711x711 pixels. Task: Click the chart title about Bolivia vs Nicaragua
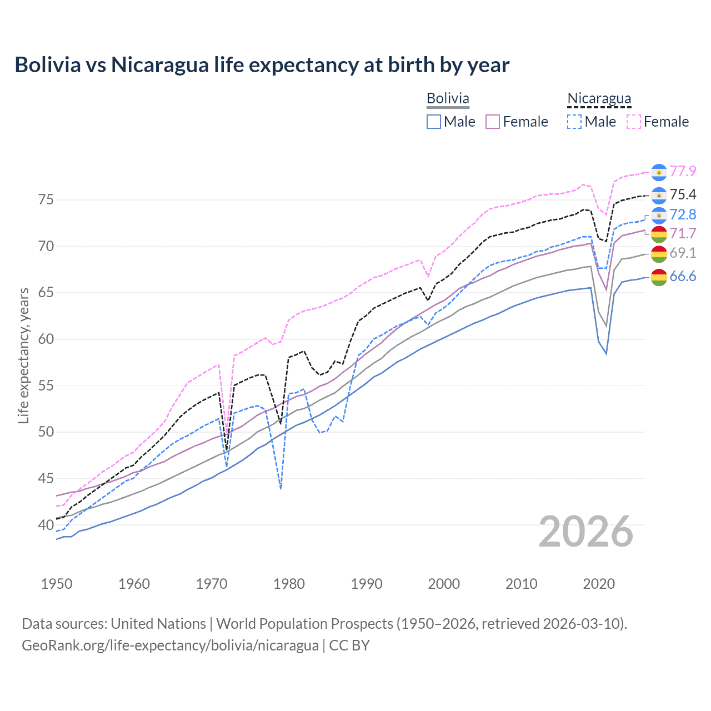[262, 65]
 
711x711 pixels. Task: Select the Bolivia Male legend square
[434, 122]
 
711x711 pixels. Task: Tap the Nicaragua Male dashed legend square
[575, 122]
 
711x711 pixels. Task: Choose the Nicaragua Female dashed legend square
[634, 122]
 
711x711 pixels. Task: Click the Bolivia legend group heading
[448, 98]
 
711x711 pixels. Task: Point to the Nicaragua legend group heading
[599, 98]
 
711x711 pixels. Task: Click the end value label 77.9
[683, 171]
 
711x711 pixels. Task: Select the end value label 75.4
[683, 194]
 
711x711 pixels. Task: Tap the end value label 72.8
[683, 214]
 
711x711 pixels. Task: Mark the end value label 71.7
[683, 234]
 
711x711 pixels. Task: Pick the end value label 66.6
[683, 276]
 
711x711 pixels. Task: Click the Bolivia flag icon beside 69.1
[659, 254]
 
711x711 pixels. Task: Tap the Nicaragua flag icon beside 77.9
[659, 172]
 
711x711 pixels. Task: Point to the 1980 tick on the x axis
[289, 584]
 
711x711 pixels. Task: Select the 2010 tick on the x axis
[521, 584]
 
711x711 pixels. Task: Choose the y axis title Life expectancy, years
[23, 355]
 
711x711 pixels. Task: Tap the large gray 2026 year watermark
[586, 532]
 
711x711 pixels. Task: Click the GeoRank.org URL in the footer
[170, 645]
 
